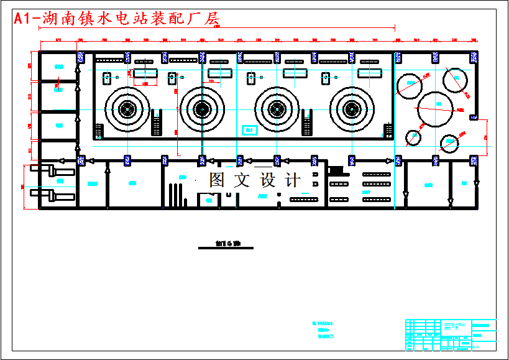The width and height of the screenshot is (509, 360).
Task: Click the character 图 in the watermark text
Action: click(x=216, y=180)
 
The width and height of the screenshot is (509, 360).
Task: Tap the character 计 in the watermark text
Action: click(x=292, y=180)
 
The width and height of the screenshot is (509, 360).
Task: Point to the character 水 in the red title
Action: click(x=117, y=19)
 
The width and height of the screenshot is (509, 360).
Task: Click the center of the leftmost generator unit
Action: click(x=127, y=109)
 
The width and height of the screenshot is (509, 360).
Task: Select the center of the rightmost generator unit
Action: click(x=352, y=109)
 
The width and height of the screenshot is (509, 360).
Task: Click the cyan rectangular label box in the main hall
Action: click(x=249, y=129)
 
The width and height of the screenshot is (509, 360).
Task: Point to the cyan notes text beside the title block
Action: click(x=325, y=330)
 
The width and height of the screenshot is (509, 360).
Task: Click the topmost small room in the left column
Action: click(x=57, y=66)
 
